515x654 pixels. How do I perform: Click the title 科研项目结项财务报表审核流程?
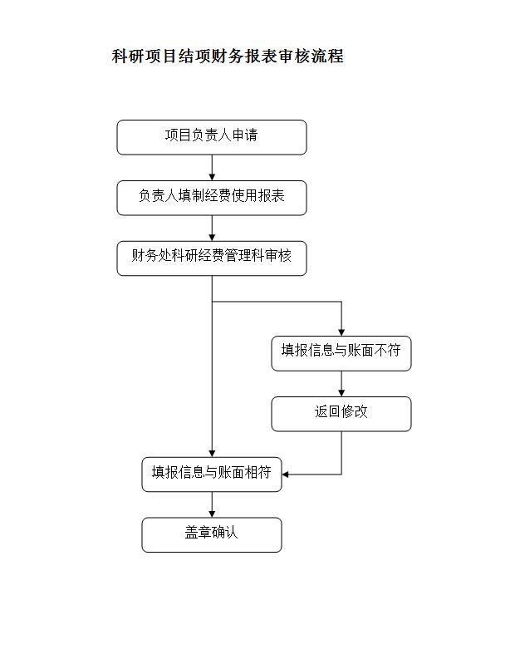point(228,56)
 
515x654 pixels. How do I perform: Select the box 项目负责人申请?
point(212,137)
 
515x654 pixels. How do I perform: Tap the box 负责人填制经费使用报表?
point(212,198)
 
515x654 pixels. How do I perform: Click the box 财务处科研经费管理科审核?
point(212,258)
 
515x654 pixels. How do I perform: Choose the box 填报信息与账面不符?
point(341,353)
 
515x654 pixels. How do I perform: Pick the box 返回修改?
point(341,414)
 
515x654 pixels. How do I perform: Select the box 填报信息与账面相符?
point(212,475)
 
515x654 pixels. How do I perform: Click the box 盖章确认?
point(212,534)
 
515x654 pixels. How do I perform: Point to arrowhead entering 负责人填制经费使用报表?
point(212,177)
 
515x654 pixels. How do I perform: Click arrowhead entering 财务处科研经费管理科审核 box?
point(212,238)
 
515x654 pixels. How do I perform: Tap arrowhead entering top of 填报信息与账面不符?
point(341,333)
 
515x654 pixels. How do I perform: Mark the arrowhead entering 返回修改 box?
point(341,393)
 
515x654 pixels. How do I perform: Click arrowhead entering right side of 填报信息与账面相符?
point(285,475)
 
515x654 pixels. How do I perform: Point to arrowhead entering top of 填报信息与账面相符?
point(212,454)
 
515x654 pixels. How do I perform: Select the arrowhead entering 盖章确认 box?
point(212,514)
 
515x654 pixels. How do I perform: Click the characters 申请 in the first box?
point(245,135)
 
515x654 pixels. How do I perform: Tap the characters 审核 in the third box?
point(278,255)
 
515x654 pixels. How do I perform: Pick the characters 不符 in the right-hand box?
point(387,350)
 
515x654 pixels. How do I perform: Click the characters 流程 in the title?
point(328,56)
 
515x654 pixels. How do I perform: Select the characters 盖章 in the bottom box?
point(198,532)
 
